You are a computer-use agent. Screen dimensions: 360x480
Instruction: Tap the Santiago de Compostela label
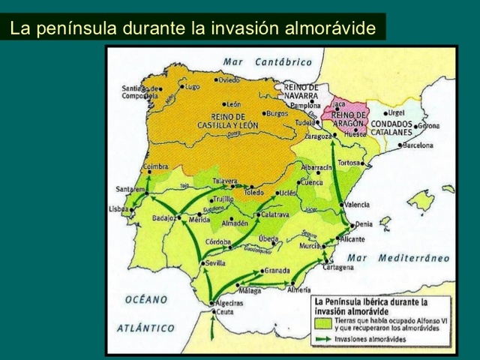[139, 91]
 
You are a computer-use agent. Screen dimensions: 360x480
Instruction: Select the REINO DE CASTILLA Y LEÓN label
[229, 121]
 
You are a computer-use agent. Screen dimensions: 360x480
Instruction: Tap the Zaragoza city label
[319, 138]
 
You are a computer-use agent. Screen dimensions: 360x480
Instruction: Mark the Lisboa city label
[118, 208]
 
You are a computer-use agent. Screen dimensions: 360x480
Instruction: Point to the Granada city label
[277, 271]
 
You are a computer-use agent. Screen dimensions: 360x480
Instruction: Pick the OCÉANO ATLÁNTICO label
[147, 313]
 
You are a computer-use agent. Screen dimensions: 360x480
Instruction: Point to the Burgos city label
[277, 114]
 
